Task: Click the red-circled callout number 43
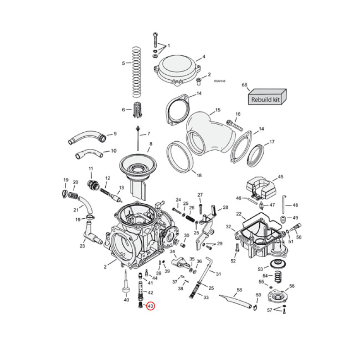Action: (x=150, y=306)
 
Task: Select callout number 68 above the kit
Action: (x=245, y=85)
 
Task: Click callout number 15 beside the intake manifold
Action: (x=217, y=110)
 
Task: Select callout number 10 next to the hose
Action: (x=113, y=151)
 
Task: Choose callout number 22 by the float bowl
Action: (x=239, y=214)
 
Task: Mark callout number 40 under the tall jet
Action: (x=126, y=300)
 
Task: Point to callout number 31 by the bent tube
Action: (x=218, y=274)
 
